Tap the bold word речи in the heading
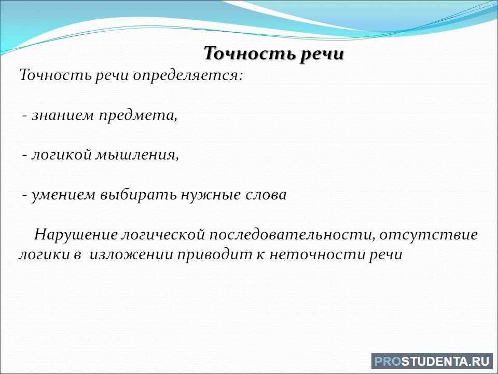(322, 54)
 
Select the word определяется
(187, 76)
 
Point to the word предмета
(137, 116)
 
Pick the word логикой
(61, 155)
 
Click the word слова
(266, 195)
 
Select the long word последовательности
(292, 235)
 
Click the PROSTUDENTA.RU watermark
(432, 362)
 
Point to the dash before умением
(24, 195)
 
